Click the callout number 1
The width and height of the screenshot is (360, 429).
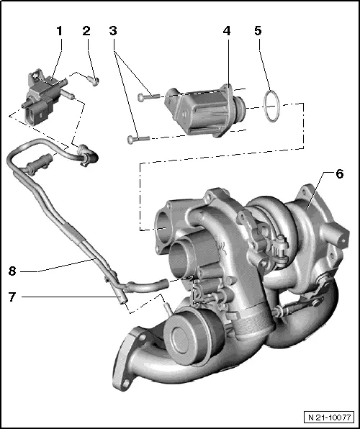tap(60, 31)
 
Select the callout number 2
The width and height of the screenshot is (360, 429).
tap(86, 31)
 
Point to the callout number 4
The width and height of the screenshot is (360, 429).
tap(227, 32)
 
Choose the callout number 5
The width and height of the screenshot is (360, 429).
tap(258, 31)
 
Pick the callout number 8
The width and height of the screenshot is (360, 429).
tap(12, 271)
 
